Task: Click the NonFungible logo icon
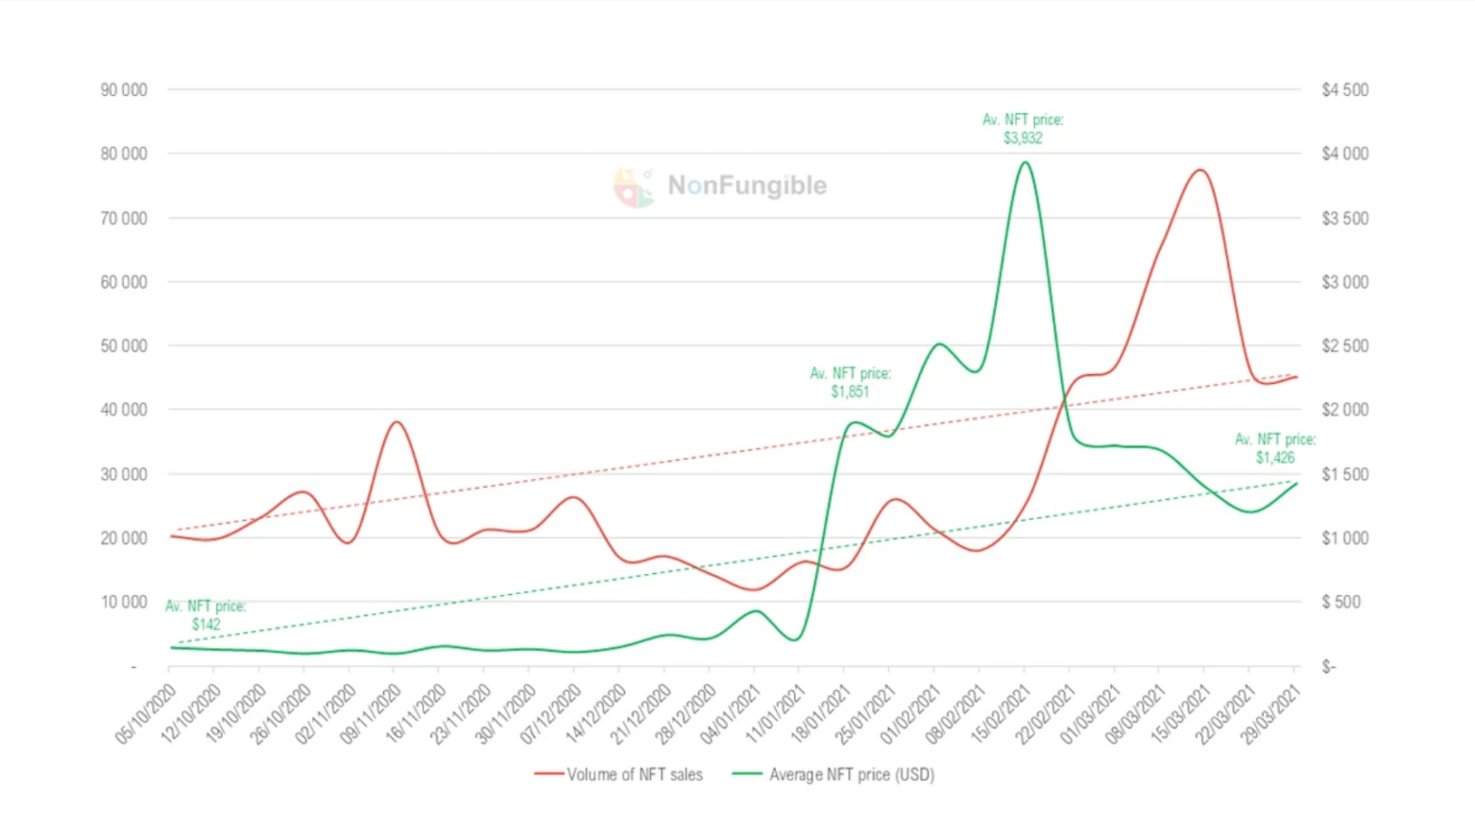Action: (x=633, y=187)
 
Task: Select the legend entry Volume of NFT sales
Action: (x=619, y=774)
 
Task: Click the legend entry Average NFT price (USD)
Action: (x=834, y=774)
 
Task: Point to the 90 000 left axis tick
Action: (x=124, y=90)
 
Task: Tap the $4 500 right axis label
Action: (x=1344, y=90)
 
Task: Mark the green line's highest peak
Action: (x=1025, y=162)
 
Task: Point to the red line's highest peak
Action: (x=1200, y=170)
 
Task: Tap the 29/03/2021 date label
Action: (x=1272, y=713)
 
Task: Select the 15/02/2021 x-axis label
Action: (x=1002, y=713)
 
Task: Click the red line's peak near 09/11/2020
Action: (x=396, y=421)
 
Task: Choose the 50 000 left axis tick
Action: (x=124, y=346)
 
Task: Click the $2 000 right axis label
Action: (x=1344, y=410)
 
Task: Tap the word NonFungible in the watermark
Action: (x=747, y=185)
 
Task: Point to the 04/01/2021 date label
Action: (x=732, y=713)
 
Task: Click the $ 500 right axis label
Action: (x=1342, y=602)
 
